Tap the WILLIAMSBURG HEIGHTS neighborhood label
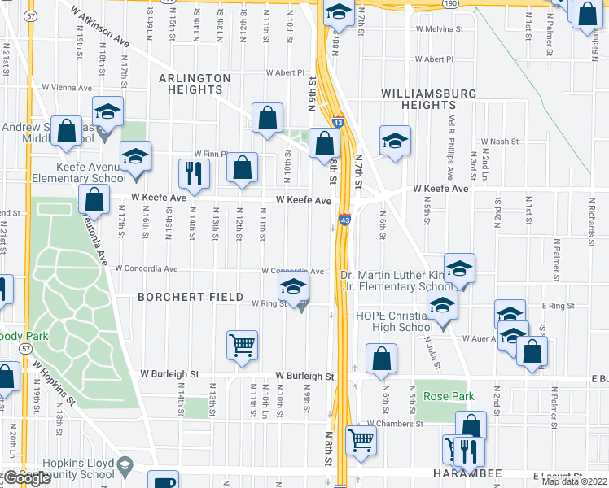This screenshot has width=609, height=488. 428,99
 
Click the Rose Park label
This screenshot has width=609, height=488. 442,396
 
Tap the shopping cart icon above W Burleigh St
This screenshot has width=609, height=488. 242,345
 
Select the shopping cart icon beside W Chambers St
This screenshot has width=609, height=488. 361,440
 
